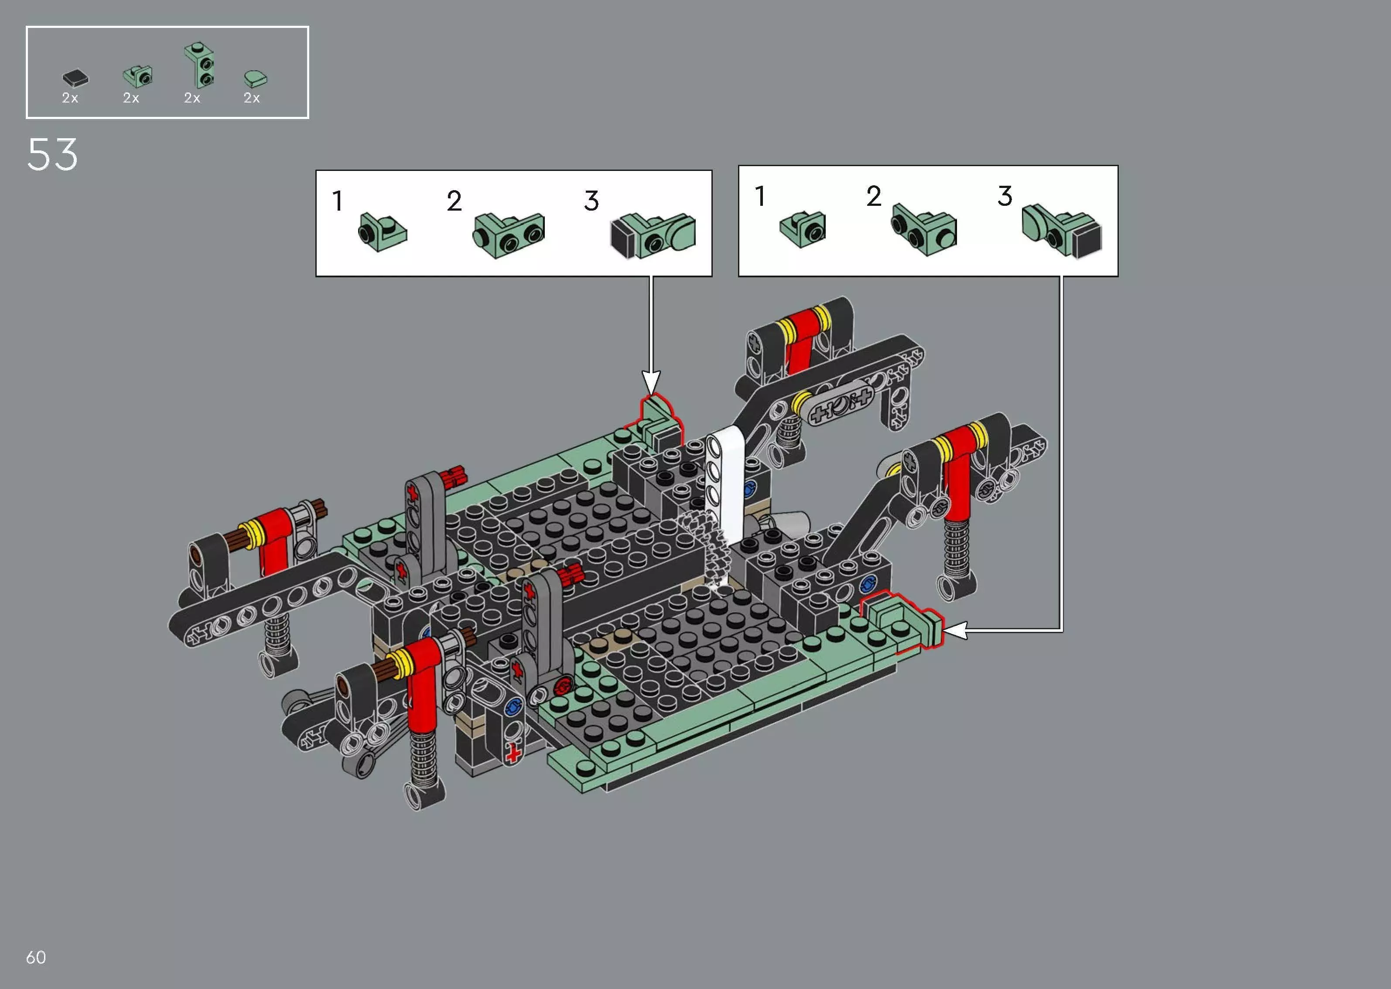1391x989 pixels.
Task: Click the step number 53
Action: (52, 155)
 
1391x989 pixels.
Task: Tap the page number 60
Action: (36, 957)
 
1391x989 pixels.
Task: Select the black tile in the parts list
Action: (75, 78)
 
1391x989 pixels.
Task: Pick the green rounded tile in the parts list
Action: (255, 78)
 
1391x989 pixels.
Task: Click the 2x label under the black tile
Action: (70, 98)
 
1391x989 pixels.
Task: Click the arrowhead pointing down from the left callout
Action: (651, 384)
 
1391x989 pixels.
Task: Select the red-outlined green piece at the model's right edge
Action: (901, 621)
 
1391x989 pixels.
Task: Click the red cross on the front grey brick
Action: (513, 754)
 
